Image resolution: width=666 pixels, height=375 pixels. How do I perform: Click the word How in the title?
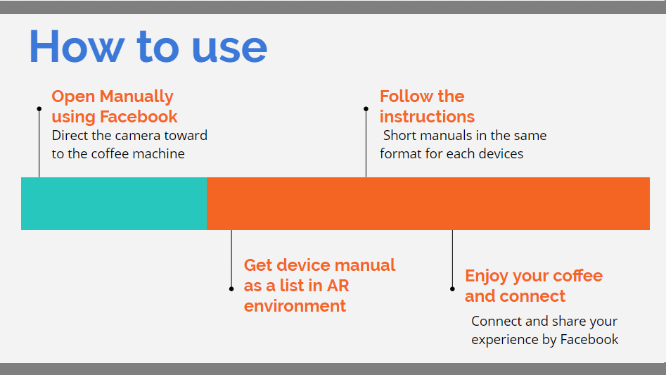[x=77, y=46]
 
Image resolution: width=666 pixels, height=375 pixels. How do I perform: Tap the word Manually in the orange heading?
[x=136, y=97]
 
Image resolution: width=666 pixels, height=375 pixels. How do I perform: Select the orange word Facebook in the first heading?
[x=139, y=116]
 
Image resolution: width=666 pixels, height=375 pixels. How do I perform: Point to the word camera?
[x=132, y=136]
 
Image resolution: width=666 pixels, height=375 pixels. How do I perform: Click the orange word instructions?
[x=427, y=116]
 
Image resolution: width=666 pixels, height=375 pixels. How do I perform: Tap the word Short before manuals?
[x=397, y=136]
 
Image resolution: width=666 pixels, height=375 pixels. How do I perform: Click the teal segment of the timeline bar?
[x=114, y=203]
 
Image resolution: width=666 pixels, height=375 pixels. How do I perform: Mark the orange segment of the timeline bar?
[x=428, y=203]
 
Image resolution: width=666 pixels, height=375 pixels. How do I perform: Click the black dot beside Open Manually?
[x=39, y=109]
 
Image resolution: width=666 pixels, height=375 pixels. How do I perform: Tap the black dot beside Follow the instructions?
[x=366, y=109]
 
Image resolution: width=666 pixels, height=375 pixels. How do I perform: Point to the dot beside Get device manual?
[x=231, y=288]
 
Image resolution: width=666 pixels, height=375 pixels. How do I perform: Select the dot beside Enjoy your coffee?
[x=452, y=288]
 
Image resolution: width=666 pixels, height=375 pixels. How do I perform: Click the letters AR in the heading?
[x=338, y=286]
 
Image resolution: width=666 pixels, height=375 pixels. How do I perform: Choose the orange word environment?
[x=295, y=306]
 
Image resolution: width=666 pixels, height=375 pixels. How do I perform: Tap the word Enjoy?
[x=487, y=277]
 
